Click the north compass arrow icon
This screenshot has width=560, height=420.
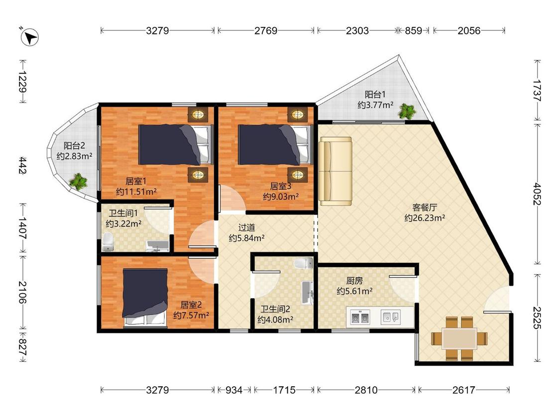coord(30,37)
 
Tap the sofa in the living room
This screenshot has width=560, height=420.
coord(336,171)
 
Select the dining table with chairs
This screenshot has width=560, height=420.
coord(459,338)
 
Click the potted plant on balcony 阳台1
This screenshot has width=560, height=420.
coord(407,110)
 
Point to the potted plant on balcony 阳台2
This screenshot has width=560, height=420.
coord(78,181)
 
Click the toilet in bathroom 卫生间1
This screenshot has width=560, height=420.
coord(108,242)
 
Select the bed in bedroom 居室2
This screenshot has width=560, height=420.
coord(145,298)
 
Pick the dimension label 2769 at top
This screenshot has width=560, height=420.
coord(266,31)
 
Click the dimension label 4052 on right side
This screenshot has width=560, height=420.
coord(537,194)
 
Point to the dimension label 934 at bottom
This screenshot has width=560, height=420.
coord(234,390)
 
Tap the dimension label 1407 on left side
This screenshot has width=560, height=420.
coord(22,228)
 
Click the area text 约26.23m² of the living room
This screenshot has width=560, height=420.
coord(425,218)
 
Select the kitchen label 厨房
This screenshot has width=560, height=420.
coord(354,281)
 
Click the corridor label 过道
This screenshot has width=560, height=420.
coord(246,227)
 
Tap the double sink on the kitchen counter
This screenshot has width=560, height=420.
coord(359,317)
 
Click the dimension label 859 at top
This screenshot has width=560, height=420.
coord(413,31)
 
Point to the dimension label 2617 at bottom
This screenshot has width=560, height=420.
coord(463,390)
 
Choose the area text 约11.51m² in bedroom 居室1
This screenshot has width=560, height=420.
coord(136,192)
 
